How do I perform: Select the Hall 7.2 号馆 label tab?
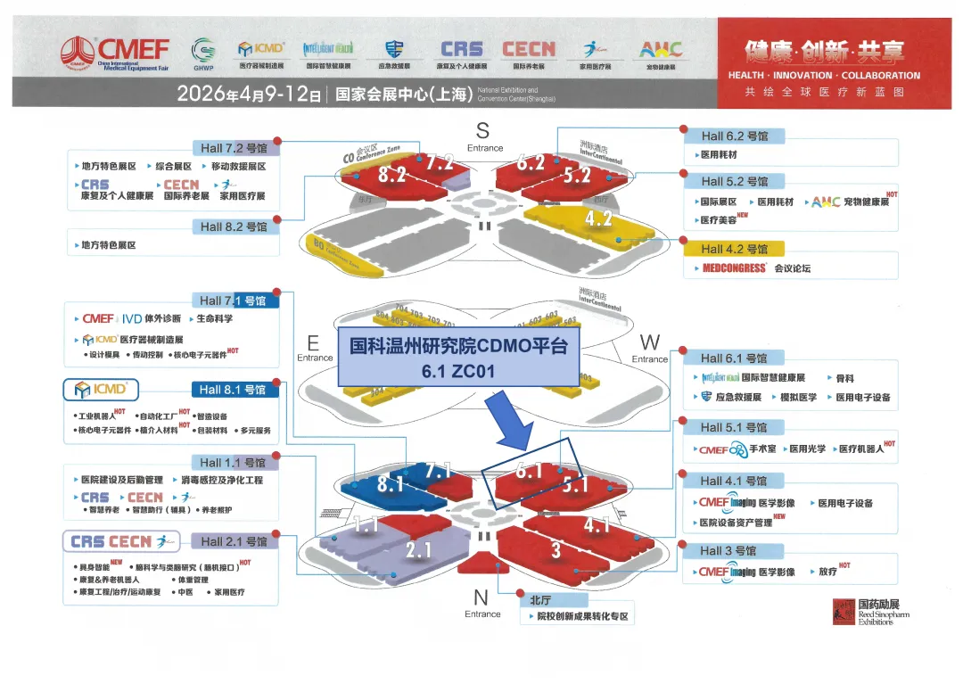(234, 148)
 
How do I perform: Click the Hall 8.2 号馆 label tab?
(234, 226)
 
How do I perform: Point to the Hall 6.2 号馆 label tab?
(734, 136)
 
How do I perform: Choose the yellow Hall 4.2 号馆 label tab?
(734, 249)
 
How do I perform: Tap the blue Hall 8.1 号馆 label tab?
(234, 390)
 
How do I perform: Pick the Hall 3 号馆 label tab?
(728, 550)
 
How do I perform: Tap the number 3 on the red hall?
(556, 550)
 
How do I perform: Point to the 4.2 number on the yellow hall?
(598, 218)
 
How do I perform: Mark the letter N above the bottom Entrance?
(481, 597)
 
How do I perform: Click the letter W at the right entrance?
(650, 342)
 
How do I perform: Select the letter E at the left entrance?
(313, 342)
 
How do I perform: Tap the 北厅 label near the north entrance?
(540, 600)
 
